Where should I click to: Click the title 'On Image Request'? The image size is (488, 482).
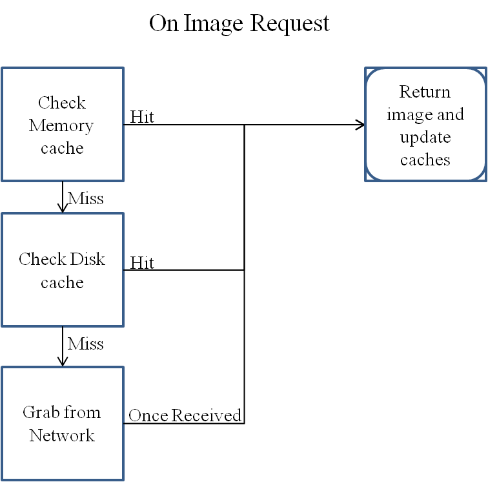pyautogui.click(x=239, y=24)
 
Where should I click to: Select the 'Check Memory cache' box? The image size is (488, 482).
pyautogui.click(x=62, y=125)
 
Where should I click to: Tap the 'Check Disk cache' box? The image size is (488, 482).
pyautogui.click(x=62, y=270)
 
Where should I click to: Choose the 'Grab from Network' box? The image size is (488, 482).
pyautogui.click(x=62, y=424)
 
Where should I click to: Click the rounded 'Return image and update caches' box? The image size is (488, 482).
pyautogui.click(x=425, y=125)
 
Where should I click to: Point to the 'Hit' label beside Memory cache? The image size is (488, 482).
pyautogui.click(x=142, y=117)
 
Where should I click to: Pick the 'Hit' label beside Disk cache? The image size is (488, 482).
pyautogui.click(x=142, y=262)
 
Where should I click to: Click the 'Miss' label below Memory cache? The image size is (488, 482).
pyautogui.click(x=86, y=198)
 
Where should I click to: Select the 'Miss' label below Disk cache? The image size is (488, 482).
pyautogui.click(x=86, y=343)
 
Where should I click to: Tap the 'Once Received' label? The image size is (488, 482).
pyautogui.click(x=185, y=415)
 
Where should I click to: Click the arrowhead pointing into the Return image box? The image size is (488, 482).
pyautogui.click(x=360, y=125)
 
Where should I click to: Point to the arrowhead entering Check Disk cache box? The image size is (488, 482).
pyautogui.click(x=63, y=208)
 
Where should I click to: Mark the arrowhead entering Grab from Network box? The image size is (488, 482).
pyautogui.click(x=63, y=362)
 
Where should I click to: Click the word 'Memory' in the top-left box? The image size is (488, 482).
pyautogui.click(x=61, y=125)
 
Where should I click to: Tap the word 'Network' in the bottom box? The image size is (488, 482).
pyautogui.click(x=62, y=435)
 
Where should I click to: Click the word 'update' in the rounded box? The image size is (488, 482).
pyautogui.click(x=425, y=137)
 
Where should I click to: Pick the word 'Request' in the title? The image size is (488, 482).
pyautogui.click(x=290, y=24)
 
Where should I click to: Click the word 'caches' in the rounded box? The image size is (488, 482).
pyautogui.click(x=425, y=160)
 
